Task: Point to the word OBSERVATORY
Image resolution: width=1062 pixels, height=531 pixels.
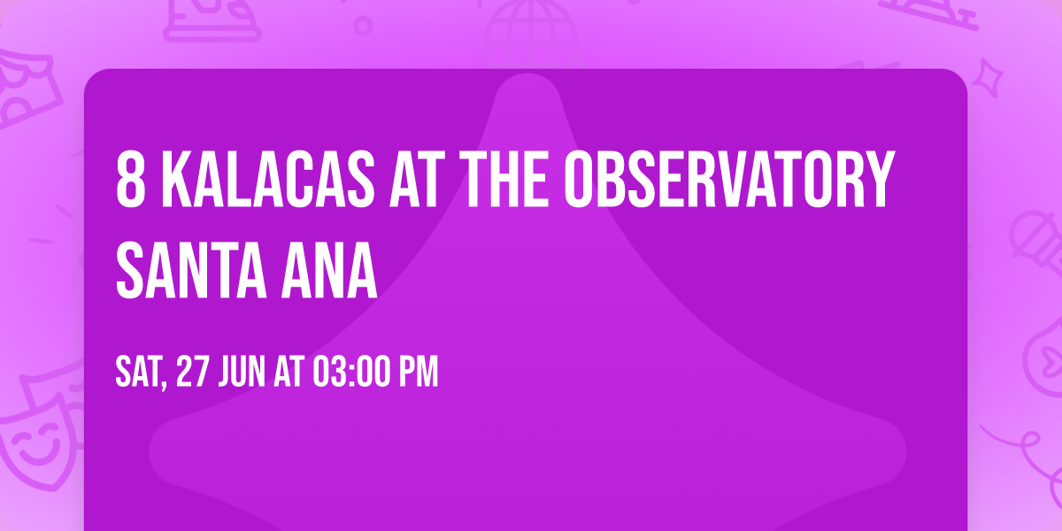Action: tap(727, 181)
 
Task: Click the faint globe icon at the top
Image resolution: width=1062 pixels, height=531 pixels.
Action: tap(528, 27)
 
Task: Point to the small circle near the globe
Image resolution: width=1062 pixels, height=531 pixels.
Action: tap(363, 25)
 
